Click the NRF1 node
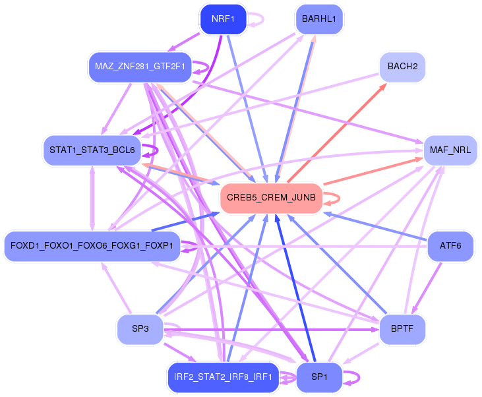[223, 18]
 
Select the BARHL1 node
[318, 18]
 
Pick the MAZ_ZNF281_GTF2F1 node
[139, 66]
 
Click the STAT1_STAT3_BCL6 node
[92, 150]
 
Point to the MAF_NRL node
[450, 150]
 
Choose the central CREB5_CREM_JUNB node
[271, 197]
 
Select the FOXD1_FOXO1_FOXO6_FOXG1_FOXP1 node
[92, 246]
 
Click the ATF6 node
[450, 246]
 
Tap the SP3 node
[139, 328]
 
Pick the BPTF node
[402, 328]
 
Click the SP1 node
[318, 377]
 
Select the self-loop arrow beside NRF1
[257, 19]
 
